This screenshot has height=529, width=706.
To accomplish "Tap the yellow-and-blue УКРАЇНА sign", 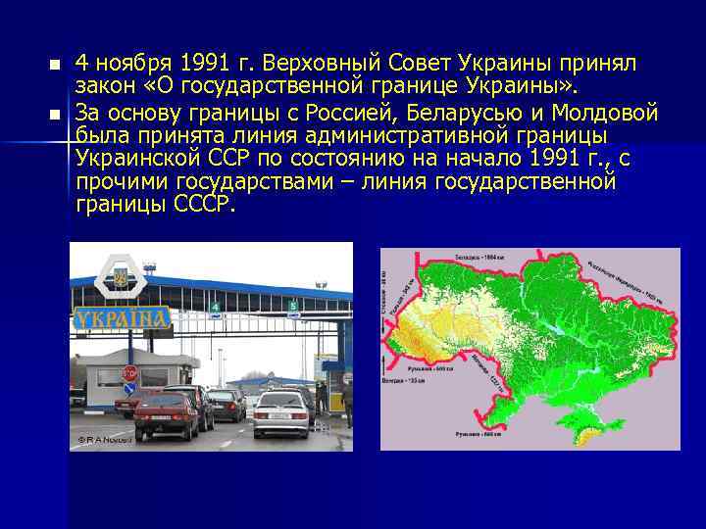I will pos(122,317).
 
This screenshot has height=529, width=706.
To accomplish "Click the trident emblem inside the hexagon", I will pos(121,279).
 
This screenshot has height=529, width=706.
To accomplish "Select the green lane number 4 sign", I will pos(215,307).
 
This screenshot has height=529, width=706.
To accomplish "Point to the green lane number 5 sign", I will pos(291,306).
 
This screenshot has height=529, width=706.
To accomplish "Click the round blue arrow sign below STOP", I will pos(129,389).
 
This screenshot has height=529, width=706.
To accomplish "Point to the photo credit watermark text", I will pos(105,440).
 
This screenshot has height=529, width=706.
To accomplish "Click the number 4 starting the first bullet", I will pos(82,64).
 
